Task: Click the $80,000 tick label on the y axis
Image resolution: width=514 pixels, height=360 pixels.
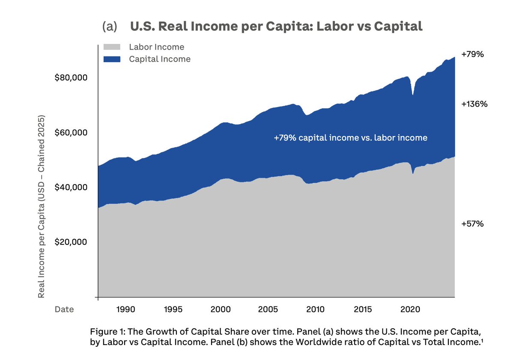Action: pos(71,78)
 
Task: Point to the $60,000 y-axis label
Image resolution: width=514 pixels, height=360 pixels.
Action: pos(71,133)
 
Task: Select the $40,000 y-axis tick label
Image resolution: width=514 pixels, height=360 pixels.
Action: pos(71,187)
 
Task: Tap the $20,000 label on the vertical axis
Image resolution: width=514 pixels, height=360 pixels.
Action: pos(71,242)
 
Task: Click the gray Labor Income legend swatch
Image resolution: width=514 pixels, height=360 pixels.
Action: pos(112,47)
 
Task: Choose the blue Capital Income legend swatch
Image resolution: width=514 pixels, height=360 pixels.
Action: pos(112,59)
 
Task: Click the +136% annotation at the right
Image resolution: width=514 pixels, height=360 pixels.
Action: pos(475,104)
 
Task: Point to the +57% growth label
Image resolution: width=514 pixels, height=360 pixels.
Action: pos(472,224)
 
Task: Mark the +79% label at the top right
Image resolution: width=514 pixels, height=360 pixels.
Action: pos(472,55)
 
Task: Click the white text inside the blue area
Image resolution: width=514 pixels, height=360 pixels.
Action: pos(350,138)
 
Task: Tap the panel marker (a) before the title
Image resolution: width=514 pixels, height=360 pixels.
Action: pos(110,27)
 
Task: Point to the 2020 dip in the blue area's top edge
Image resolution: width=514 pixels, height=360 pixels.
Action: pos(413,94)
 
